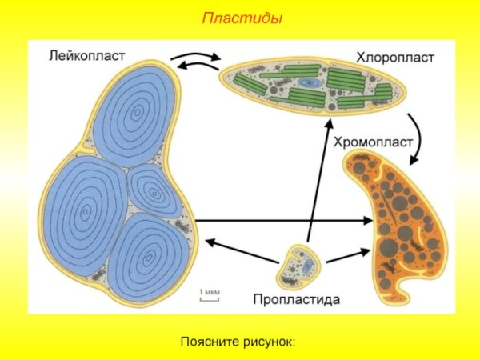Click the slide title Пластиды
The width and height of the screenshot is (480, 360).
click(241, 18)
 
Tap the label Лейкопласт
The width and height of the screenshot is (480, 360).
click(86, 57)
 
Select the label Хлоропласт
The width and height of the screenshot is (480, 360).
click(394, 58)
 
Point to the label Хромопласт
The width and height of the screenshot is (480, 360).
click(372, 143)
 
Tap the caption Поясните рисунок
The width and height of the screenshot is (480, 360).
click(238, 342)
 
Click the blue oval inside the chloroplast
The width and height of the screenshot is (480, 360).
click(310, 82)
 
